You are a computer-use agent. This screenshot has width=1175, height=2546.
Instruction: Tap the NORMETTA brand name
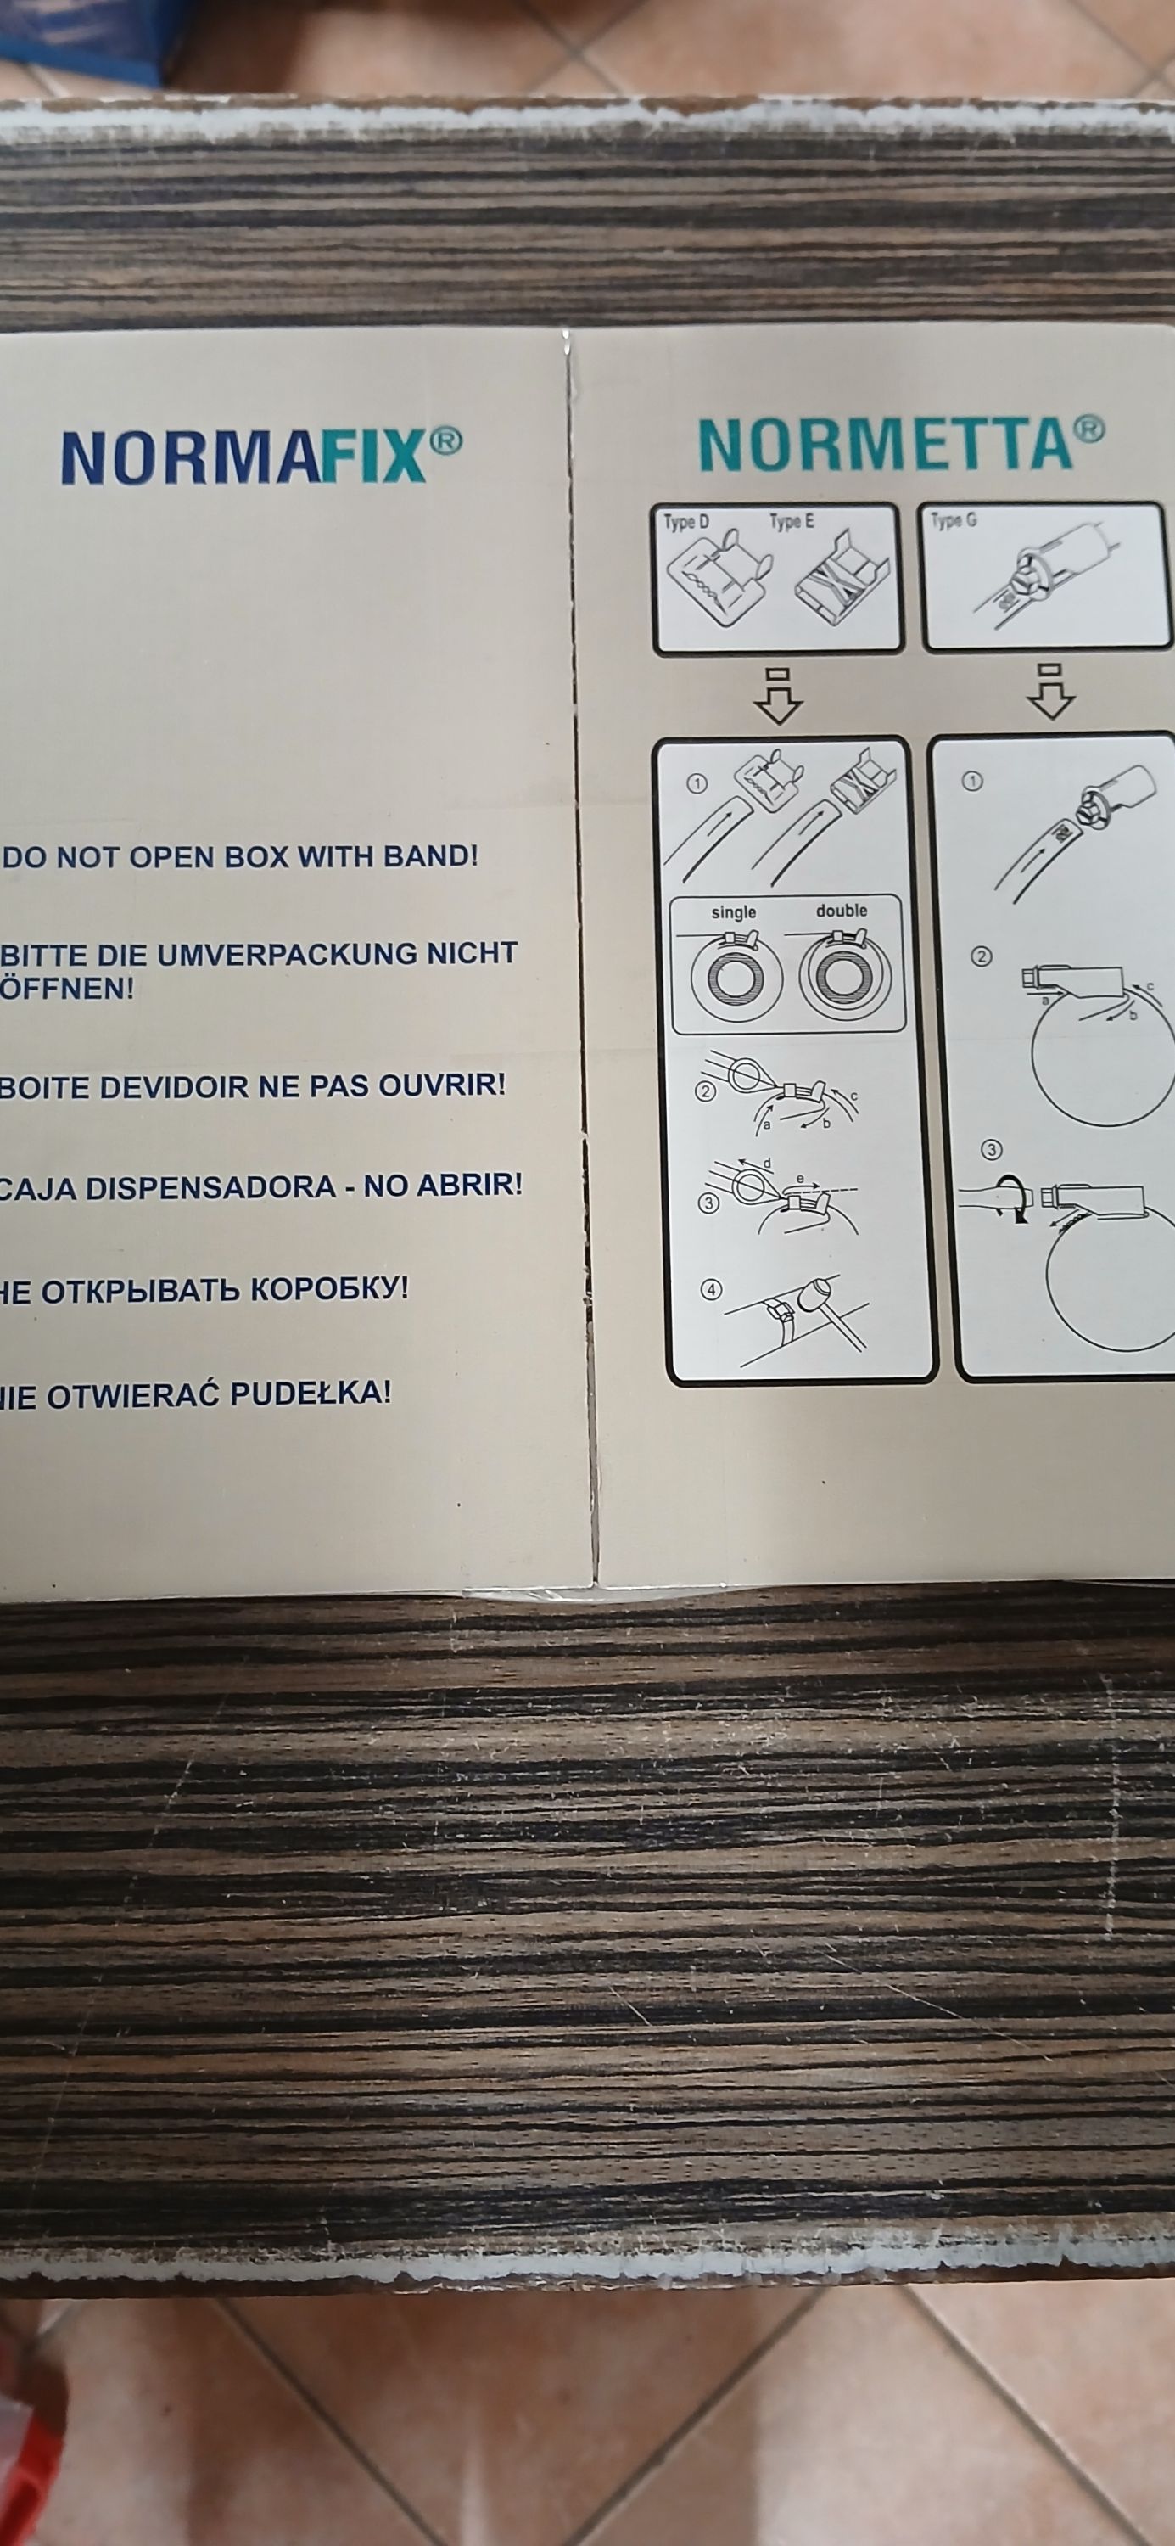[x=886, y=445]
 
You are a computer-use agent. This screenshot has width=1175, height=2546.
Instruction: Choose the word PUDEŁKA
[x=310, y=1394]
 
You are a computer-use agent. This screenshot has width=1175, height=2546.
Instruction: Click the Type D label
[x=685, y=522]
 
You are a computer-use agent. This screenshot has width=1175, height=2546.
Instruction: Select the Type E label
[x=792, y=521]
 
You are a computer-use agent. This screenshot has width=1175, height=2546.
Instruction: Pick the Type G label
[x=954, y=520]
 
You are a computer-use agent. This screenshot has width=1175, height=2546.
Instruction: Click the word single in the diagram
[x=733, y=912]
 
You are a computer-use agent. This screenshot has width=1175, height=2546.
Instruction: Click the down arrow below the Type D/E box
[x=778, y=696]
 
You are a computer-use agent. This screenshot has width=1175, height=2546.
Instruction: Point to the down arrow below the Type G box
[x=1050, y=692]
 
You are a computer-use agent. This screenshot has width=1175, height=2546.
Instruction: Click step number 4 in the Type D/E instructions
[x=711, y=1289]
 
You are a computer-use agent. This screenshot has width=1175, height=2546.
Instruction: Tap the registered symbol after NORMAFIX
[x=445, y=442]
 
